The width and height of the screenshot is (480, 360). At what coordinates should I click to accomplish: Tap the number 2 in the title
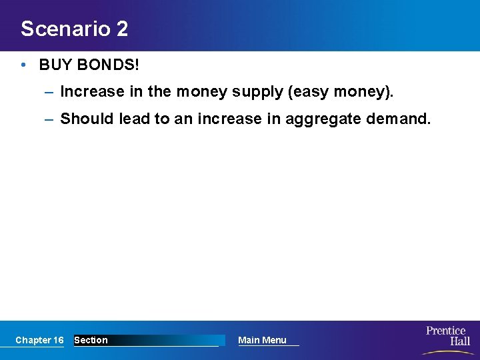(x=121, y=29)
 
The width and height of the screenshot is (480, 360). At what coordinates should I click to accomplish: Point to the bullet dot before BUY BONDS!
(x=23, y=65)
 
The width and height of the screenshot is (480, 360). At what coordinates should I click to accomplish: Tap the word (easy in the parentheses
(x=307, y=91)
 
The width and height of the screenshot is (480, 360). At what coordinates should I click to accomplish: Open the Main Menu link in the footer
(x=262, y=340)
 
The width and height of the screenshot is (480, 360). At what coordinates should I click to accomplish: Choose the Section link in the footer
(x=91, y=340)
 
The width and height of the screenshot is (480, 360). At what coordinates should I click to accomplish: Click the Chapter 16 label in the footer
(x=39, y=340)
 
